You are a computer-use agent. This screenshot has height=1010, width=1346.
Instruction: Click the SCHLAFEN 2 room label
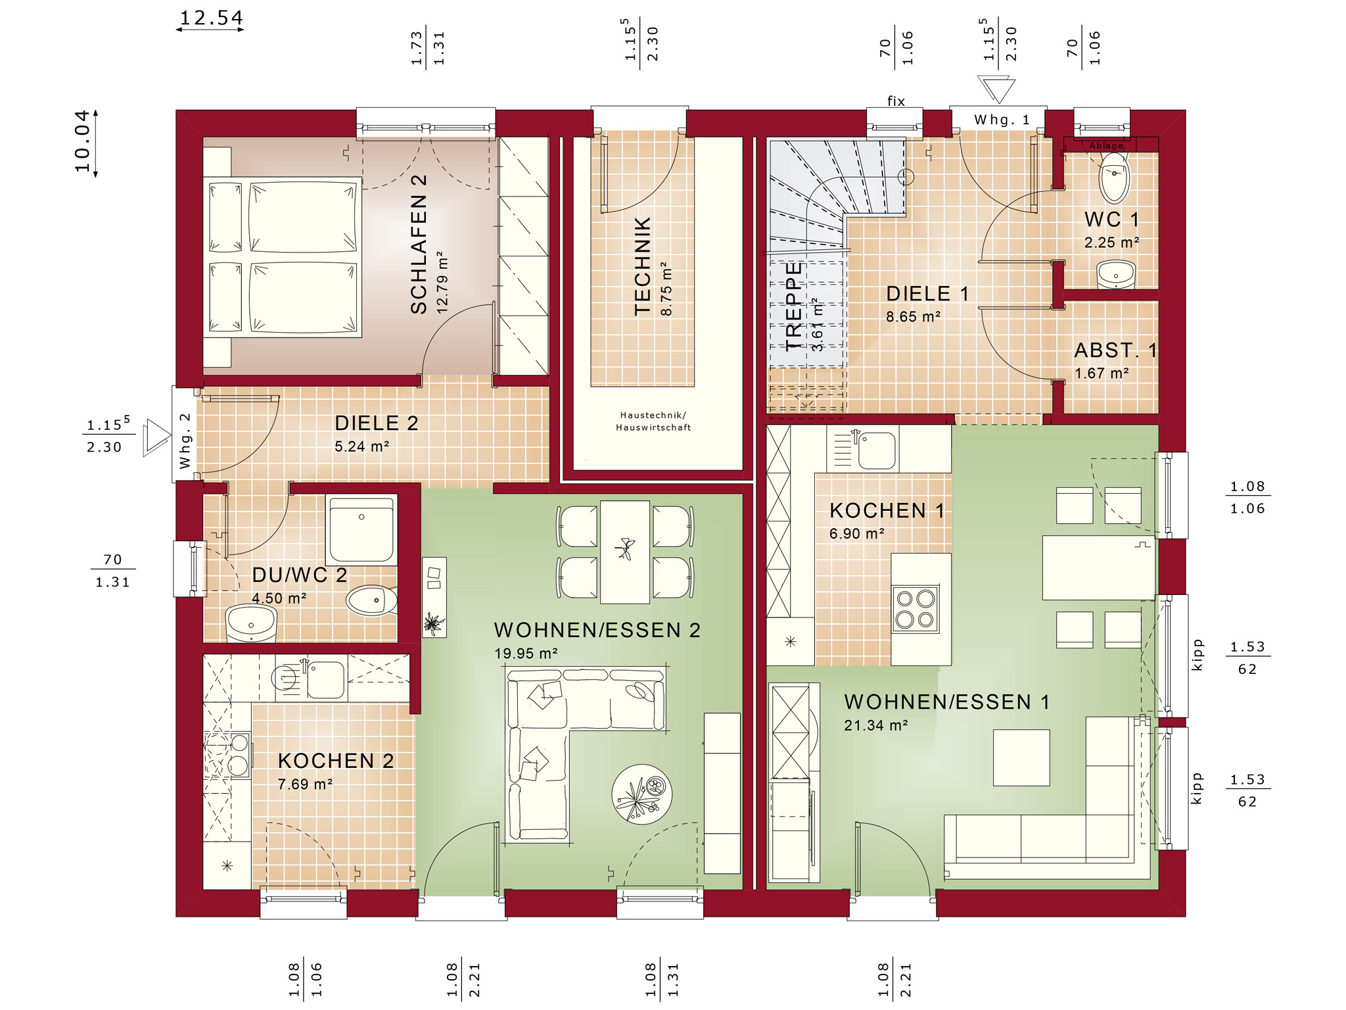tap(419, 245)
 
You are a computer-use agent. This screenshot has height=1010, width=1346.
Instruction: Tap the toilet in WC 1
tap(1114, 177)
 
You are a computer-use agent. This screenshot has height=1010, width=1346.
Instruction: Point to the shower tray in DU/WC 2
tap(361, 529)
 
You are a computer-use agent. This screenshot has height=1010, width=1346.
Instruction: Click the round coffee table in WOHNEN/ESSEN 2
tap(642, 794)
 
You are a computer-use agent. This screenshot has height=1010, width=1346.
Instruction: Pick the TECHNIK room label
tap(642, 266)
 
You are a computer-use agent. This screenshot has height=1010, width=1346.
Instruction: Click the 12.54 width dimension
tap(211, 18)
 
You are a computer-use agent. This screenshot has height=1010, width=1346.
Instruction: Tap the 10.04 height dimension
tap(81, 141)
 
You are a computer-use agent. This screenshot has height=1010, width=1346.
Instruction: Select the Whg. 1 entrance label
tap(1002, 120)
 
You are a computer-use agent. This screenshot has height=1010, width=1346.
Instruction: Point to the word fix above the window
tap(896, 101)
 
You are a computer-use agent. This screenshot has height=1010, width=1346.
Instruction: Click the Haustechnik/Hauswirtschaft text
tap(653, 421)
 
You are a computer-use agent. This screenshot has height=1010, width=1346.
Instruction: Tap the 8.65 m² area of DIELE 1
tap(913, 317)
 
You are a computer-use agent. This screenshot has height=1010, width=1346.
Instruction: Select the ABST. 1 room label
tap(1115, 350)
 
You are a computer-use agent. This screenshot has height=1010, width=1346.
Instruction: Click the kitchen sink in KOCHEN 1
tap(876, 450)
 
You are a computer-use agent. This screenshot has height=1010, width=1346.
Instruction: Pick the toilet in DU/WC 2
tap(372, 600)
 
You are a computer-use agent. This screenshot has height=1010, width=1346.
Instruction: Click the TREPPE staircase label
tap(794, 306)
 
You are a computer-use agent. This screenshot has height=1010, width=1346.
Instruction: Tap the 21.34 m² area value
tap(876, 725)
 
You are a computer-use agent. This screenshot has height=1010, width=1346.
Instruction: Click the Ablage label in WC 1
tap(1107, 145)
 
